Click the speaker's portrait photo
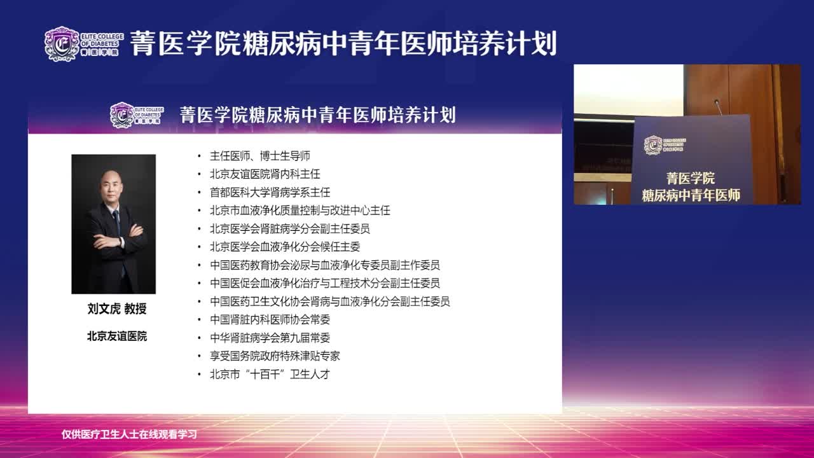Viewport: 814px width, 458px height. [x=113, y=224]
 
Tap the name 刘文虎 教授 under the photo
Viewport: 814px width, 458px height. [x=117, y=309]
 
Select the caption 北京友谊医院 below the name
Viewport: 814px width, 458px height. [x=117, y=337]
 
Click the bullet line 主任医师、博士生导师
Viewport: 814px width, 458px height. [x=260, y=156]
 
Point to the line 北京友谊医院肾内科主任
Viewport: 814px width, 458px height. [x=265, y=174]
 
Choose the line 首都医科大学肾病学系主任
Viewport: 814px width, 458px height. [x=270, y=192]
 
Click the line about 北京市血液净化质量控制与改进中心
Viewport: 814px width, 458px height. [x=300, y=211]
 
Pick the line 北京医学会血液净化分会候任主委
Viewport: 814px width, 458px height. [x=285, y=247]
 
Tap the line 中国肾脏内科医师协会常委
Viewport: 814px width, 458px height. [x=270, y=319]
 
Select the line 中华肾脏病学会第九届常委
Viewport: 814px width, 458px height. [x=270, y=338]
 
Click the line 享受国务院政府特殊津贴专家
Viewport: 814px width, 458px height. [x=275, y=356]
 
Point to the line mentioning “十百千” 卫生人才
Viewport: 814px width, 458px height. [x=270, y=374]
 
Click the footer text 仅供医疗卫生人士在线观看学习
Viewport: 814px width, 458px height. [x=129, y=434]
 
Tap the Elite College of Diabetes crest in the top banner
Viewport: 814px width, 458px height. [x=62, y=44]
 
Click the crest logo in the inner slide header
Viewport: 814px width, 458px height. [x=122, y=115]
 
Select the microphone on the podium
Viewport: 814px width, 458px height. [x=719, y=107]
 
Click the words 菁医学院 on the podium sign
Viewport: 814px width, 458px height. [x=691, y=178]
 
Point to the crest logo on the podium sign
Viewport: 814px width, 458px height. [x=653, y=146]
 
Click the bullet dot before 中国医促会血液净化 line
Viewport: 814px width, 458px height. [x=199, y=283]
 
